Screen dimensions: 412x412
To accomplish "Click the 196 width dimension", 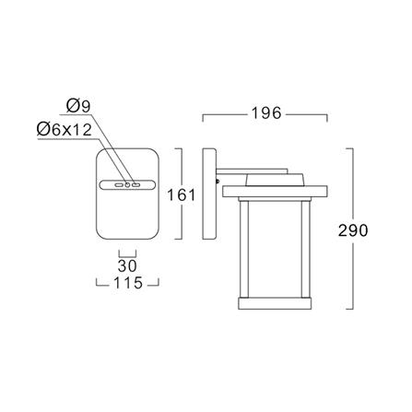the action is click(266, 113).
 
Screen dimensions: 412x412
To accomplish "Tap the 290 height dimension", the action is click(353, 230).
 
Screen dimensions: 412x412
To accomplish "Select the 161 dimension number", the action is click(182, 194).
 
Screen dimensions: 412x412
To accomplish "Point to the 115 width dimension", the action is click(128, 283).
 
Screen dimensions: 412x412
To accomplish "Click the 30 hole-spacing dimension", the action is click(127, 265).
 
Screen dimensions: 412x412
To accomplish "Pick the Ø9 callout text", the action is click(78, 106).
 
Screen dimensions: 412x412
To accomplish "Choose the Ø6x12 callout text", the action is click(64, 130).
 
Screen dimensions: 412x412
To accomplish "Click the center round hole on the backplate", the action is click(127, 185).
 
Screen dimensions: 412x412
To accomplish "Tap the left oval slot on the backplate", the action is click(119, 185).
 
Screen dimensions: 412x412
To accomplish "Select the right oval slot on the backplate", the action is click(136, 185).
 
